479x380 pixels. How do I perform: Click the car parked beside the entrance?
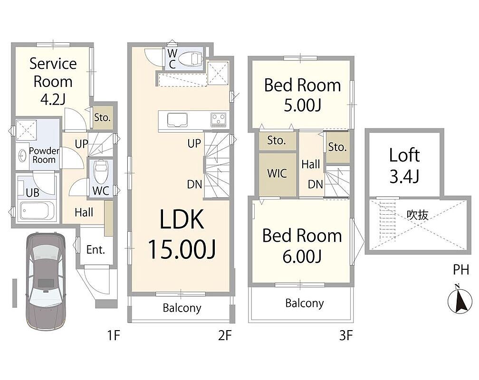pyautogui.click(x=46, y=281)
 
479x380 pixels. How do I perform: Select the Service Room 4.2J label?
pyautogui.click(x=53, y=82)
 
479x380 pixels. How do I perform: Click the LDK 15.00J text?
pyautogui.click(x=182, y=234)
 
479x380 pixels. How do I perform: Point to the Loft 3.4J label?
pyautogui.click(x=404, y=165)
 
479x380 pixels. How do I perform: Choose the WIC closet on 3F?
pyautogui.click(x=278, y=174)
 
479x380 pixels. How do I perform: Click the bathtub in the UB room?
pyautogui.click(x=37, y=210)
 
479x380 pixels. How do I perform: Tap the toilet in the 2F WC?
pyautogui.click(x=190, y=58)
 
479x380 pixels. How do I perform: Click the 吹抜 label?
pyautogui.click(x=417, y=215)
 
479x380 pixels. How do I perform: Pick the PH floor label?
pyautogui.click(x=460, y=269)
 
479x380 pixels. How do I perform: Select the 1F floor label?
pyautogui.click(x=113, y=335)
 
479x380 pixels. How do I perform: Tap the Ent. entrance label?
pyautogui.click(x=96, y=250)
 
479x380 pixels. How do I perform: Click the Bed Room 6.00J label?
pyautogui.click(x=302, y=246)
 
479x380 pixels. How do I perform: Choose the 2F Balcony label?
pyautogui.click(x=182, y=308)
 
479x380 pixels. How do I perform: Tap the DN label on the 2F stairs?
pyautogui.click(x=195, y=184)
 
